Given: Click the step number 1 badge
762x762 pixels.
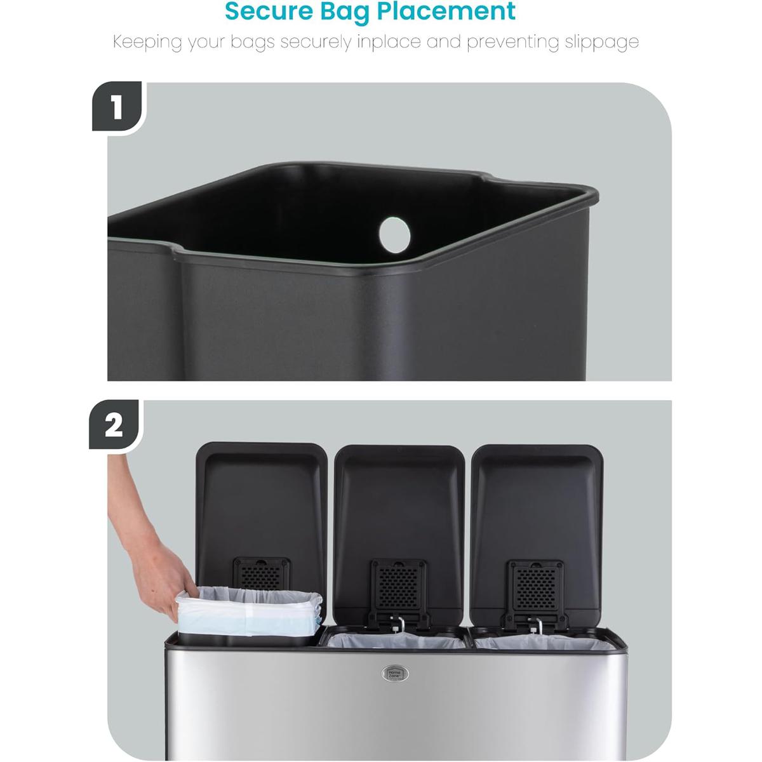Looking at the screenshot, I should click(117, 107).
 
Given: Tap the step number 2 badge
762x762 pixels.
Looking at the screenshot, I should click(114, 425).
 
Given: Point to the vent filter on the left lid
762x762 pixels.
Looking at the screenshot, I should click(262, 575).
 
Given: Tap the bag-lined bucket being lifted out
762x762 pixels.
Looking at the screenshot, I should click(248, 613).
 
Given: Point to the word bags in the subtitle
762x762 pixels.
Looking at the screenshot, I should click(252, 43).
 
